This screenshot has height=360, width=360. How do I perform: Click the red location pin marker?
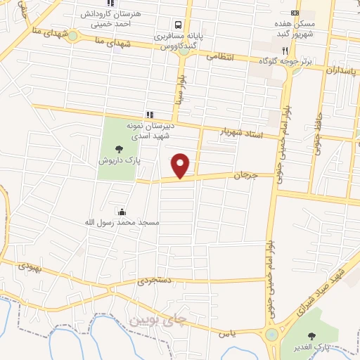coord(181,165)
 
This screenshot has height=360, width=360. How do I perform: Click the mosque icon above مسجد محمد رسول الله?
coord(122,211)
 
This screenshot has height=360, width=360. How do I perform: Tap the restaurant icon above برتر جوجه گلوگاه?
coord(284,51)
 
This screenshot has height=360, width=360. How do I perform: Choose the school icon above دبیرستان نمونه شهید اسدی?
coord(149,114)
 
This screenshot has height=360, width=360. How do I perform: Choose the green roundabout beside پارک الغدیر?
coord(271,335)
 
